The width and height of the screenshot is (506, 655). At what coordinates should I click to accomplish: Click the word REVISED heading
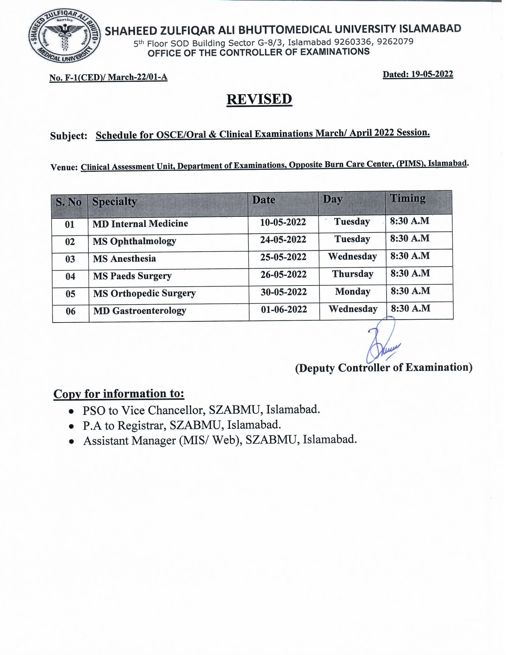click(x=259, y=99)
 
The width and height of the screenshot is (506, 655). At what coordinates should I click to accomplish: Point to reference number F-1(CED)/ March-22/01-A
click(x=108, y=77)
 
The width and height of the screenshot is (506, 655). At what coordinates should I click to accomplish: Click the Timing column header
click(x=407, y=199)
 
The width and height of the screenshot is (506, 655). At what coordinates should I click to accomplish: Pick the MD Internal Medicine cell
click(x=140, y=224)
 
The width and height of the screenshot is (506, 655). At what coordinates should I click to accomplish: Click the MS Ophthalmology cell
click(x=134, y=241)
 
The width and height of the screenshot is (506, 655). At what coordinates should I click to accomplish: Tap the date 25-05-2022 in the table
click(x=283, y=257)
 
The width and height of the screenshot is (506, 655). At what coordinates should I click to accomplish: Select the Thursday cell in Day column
click(x=352, y=274)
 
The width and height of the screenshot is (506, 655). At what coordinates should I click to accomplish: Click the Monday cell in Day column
click(x=352, y=291)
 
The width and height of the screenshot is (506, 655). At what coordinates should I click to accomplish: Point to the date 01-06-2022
click(x=284, y=309)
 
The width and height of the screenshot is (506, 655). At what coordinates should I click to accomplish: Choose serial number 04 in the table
click(x=70, y=276)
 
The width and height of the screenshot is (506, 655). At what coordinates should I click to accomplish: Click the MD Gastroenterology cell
click(x=139, y=311)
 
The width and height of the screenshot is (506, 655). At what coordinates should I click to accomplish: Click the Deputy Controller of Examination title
click(x=383, y=367)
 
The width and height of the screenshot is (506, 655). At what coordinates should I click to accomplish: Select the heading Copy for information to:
click(x=119, y=394)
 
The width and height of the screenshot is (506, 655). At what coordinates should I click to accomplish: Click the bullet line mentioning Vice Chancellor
click(x=201, y=410)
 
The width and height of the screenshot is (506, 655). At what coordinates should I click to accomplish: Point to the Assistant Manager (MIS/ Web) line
click(x=220, y=440)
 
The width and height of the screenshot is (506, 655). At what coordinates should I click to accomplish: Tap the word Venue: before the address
click(x=64, y=167)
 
